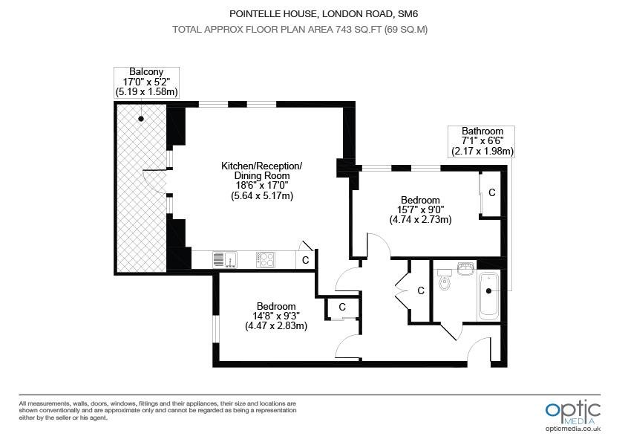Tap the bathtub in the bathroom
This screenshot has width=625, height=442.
pos(488,296)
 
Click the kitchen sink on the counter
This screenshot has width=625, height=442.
pos(225,259)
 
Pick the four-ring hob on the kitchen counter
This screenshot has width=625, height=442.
pos(266,259)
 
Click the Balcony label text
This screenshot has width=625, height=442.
pos(146,72)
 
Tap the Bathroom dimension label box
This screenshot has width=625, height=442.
pos(482,141)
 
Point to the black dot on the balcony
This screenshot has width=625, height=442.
pos(141,118)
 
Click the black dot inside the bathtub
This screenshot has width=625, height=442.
pos(488,291)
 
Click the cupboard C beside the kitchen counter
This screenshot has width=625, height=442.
pos(306,260)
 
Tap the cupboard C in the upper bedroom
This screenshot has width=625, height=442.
pos(491,192)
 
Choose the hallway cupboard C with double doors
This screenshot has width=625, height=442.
pos(421,290)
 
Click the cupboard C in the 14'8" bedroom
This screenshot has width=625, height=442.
pos(342,307)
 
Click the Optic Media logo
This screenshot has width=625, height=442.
pos(573,413)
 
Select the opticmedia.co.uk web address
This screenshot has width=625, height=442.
pos(573,429)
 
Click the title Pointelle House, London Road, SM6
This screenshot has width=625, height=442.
pos(324,14)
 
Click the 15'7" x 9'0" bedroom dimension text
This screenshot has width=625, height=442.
pos(421,209)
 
